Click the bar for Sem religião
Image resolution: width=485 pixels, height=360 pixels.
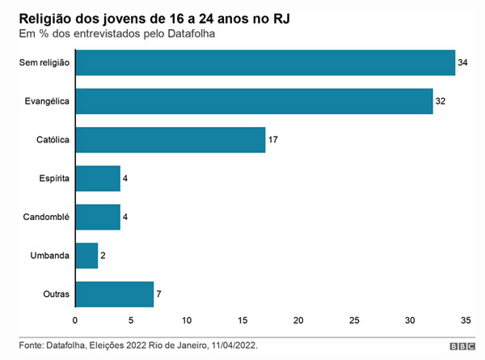click(x=265, y=62)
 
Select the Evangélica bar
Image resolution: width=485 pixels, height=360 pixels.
click(x=254, y=100)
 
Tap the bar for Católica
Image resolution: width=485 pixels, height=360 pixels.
click(x=170, y=139)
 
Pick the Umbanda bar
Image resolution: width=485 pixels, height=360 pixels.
click(x=86, y=256)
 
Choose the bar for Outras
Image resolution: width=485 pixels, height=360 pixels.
click(x=114, y=294)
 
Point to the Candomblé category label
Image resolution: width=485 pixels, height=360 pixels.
click(x=48, y=217)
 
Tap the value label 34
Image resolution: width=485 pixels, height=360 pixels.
click(x=464, y=62)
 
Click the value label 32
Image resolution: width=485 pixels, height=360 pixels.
click(x=441, y=101)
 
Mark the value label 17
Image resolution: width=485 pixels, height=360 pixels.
click(x=274, y=140)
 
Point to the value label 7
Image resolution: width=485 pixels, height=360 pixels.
click(x=159, y=294)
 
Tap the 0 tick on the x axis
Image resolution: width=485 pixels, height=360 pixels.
click(x=75, y=320)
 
